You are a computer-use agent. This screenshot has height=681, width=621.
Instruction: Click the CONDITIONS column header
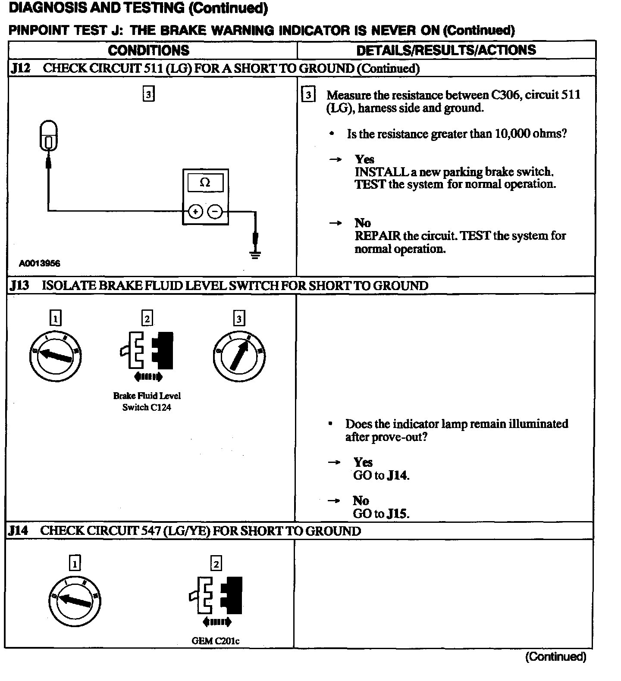(148, 50)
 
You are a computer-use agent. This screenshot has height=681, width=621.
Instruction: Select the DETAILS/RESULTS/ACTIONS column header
(446, 50)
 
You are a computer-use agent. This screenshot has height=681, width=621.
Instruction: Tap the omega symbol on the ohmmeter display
(205, 182)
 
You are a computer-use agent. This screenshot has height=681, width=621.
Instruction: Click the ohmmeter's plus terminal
(195, 211)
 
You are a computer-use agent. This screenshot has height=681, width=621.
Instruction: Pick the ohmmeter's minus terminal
(215, 211)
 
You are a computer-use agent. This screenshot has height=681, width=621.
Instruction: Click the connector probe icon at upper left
(48, 136)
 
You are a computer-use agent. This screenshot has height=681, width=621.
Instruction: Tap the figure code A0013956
(40, 263)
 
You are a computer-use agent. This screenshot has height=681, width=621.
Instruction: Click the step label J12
(20, 69)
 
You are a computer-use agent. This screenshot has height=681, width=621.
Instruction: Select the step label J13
(20, 286)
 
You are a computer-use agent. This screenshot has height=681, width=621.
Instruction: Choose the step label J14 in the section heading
(19, 531)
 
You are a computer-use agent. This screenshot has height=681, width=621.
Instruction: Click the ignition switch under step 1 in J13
(55, 356)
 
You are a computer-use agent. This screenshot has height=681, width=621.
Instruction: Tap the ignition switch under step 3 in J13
(239, 356)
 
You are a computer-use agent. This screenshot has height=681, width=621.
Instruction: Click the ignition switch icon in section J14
(75, 601)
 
